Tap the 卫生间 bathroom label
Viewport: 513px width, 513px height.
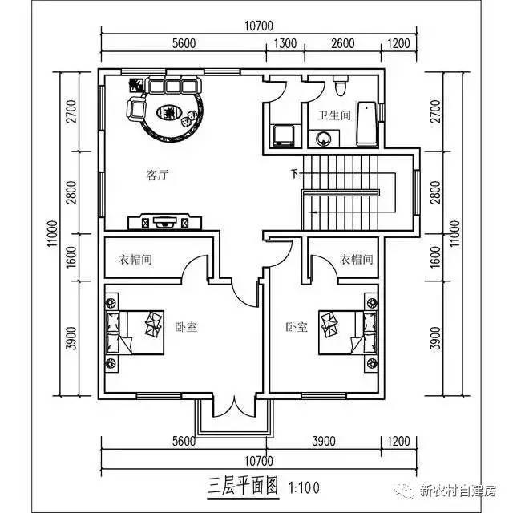click(333, 115)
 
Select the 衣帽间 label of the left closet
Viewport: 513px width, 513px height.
click(135, 260)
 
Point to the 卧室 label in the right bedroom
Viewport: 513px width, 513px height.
click(296, 327)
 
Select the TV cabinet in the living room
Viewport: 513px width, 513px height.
click(164, 220)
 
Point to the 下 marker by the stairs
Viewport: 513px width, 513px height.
click(294, 173)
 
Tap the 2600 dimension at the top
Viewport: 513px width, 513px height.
click(341, 44)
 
